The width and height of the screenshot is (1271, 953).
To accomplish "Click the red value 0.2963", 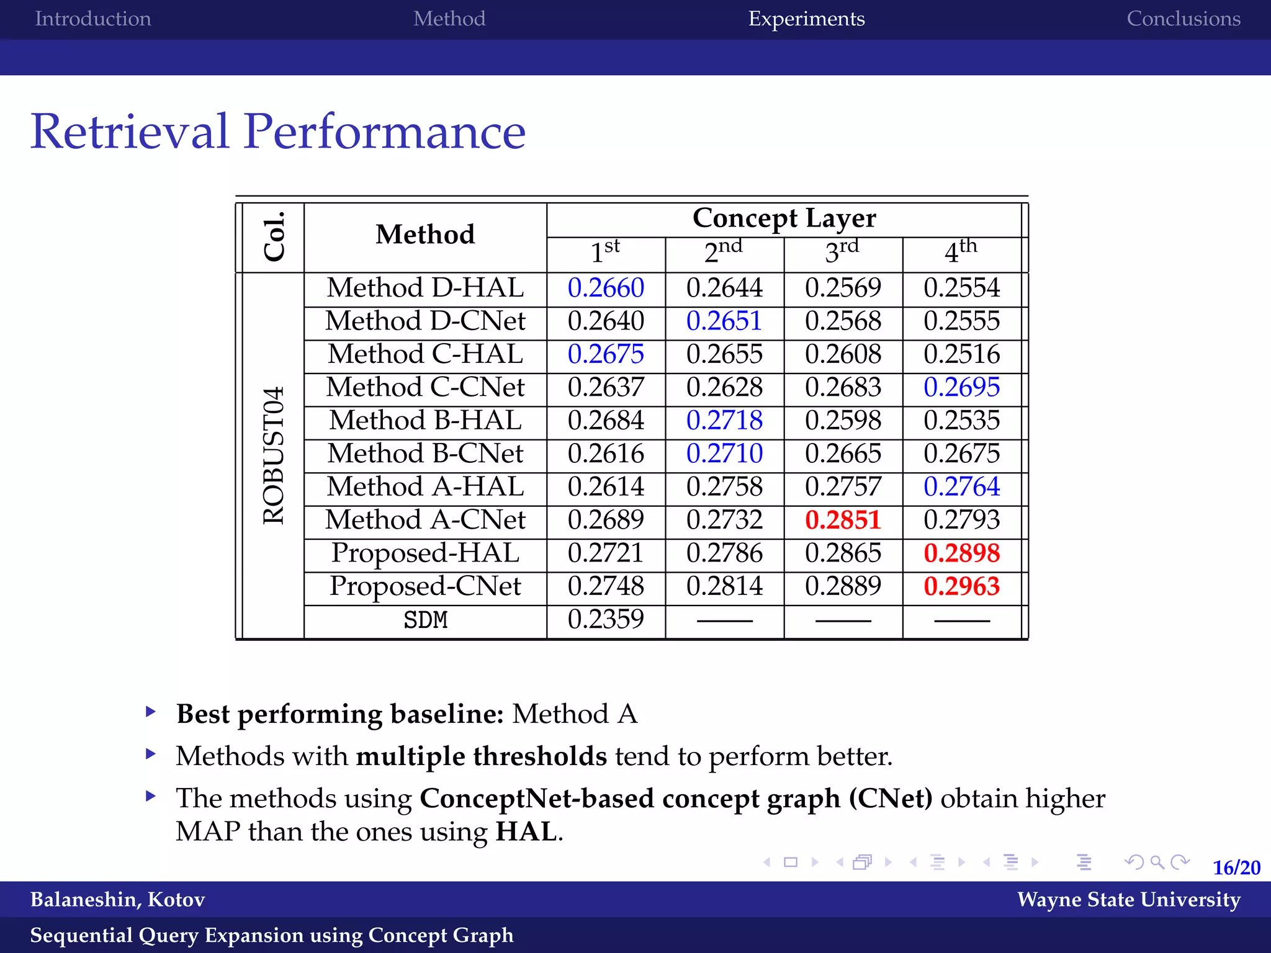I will coord(961,586).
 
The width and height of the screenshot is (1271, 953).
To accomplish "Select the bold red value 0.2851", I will coord(843,520).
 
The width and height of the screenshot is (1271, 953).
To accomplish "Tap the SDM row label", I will coord(425,620).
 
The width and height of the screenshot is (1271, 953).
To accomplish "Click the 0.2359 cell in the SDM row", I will coord(606,619).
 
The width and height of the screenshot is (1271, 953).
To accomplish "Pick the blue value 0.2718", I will coord(724,421).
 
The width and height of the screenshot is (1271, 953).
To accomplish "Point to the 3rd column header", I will coord(842,251).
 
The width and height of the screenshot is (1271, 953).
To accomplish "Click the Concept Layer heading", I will coord(784,218).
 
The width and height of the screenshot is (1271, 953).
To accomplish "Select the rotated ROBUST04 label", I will coord(274,455).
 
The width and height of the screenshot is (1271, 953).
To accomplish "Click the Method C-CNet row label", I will coord(425,388).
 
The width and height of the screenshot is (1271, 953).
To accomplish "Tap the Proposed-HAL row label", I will coord(425,553).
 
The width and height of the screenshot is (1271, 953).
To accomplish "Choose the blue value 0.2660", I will coord(606,288).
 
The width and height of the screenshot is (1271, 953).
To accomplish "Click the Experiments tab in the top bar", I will coord(806,19).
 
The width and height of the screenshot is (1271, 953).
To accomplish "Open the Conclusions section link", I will coord(1183,19).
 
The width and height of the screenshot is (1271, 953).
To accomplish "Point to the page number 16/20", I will coord(1236,867).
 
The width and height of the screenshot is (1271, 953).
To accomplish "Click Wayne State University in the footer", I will coord(1128,899).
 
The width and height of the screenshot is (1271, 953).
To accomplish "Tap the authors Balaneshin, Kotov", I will coord(117,899).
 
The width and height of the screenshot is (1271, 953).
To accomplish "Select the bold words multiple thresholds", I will coord(481,756).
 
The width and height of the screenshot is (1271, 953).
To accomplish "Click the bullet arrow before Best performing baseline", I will coord(150,712).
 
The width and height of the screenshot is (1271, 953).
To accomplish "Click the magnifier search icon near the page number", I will coord(1156,862).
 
